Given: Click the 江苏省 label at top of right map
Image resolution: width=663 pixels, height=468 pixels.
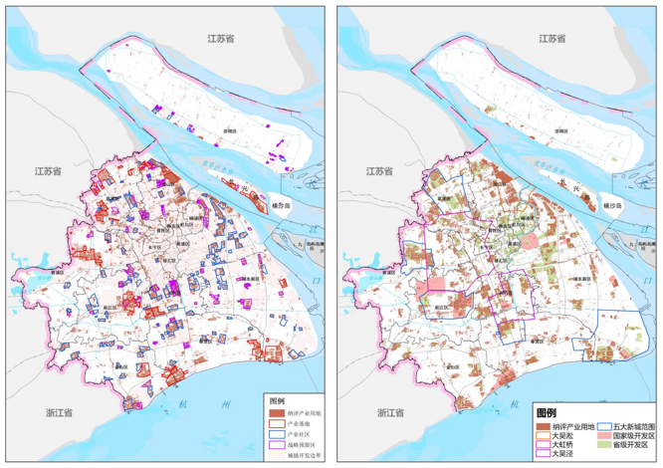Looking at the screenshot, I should pyautogui.click(x=547, y=38).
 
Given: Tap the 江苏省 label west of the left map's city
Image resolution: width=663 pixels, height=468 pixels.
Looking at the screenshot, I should pyautogui.click(x=49, y=171).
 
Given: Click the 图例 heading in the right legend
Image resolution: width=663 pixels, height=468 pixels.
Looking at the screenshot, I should pyautogui.click(x=547, y=411).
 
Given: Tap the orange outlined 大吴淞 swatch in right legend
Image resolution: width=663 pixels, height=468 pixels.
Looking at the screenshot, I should pyautogui.click(x=543, y=436).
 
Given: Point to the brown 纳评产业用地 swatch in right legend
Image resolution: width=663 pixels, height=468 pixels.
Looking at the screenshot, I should pyautogui.click(x=543, y=425).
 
